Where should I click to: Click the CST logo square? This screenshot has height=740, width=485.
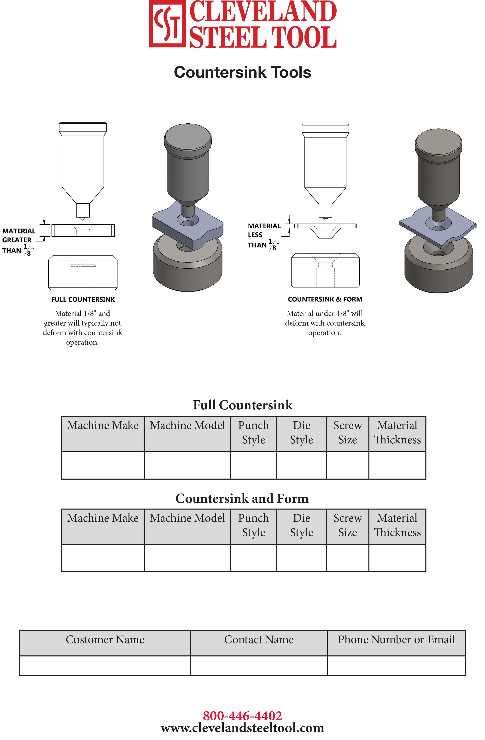167,24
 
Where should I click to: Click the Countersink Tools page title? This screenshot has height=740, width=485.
242,72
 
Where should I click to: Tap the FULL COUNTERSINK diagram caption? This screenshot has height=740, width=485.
83,299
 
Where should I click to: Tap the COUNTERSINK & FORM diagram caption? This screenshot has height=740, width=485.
325,299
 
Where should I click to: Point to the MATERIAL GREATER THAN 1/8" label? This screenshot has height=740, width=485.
18,241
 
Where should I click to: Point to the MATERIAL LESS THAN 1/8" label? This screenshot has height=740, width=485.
263,236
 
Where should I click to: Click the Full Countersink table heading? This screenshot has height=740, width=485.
243,405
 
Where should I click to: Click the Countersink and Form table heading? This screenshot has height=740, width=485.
242,499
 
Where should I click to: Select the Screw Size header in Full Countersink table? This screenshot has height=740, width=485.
347,433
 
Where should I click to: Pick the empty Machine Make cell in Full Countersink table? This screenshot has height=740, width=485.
103,465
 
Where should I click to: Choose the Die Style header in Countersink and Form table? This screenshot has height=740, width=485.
301,525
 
